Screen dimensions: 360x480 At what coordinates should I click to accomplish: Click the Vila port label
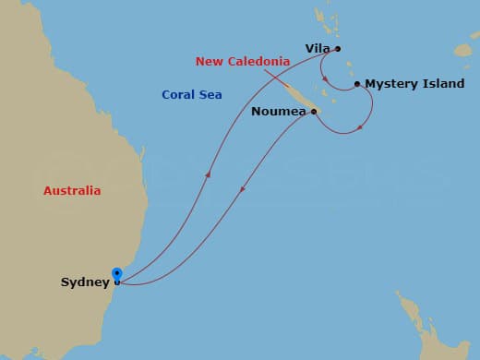pos(318,49)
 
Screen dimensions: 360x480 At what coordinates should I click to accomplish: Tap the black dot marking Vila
pos(338,49)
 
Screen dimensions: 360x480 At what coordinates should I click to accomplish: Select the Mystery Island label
pos(414,84)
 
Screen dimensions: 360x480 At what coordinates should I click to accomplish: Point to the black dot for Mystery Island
pos(357,84)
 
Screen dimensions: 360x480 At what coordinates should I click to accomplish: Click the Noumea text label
pos(279,113)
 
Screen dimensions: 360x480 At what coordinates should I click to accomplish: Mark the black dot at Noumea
pos(314,112)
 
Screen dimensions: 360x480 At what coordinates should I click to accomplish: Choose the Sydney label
pos(85,282)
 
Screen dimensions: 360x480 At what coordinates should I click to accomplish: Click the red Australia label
pos(72,191)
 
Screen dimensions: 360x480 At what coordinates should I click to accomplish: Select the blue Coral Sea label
pos(191,94)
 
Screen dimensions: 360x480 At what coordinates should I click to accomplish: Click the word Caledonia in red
pos(256,62)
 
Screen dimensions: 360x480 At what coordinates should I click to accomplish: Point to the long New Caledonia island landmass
pos(297,96)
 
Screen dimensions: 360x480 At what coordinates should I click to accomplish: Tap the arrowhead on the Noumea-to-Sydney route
pos(243,189)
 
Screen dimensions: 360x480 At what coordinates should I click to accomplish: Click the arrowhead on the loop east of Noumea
pos(360,126)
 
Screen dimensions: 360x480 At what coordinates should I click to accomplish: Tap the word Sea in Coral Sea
pos(210,94)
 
